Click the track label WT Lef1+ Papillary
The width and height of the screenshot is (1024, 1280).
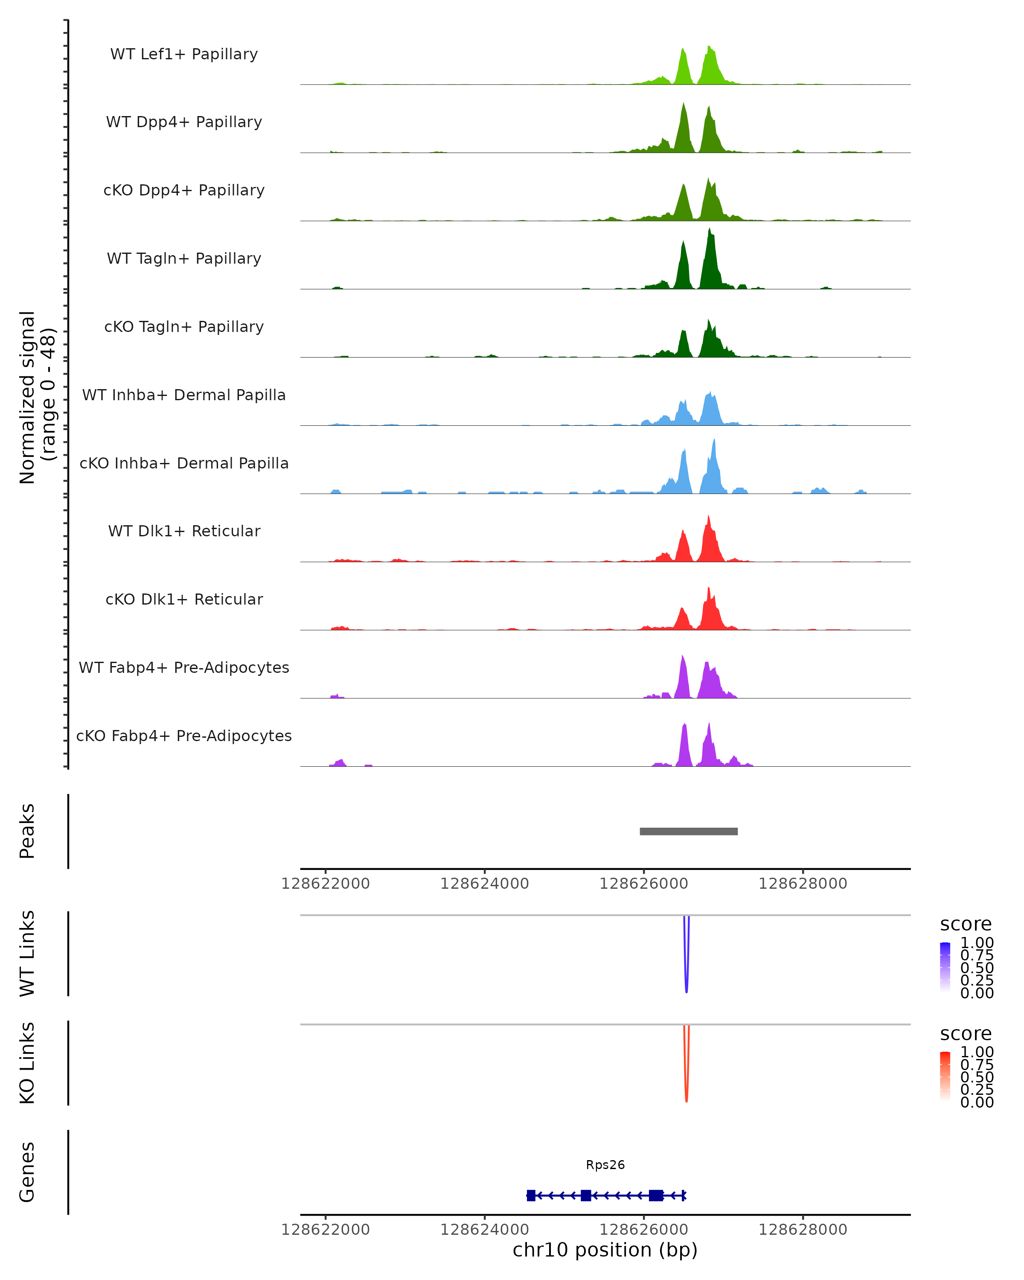(x=184, y=54)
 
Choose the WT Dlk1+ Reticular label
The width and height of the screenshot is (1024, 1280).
(x=184, y=531)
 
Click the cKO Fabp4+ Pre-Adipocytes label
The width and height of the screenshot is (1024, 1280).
(x=184, y=736)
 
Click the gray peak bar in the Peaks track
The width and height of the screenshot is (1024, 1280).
(x=689, y=831)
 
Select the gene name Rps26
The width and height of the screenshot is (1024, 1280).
(x=605, y=1165)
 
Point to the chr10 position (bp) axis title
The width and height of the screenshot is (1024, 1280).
(x=605, y=1250)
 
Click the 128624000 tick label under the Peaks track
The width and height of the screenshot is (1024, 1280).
(x=484, y=884)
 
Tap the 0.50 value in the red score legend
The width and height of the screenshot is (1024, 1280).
(x=977, y=1077)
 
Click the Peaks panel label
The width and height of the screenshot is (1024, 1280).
(x=27, y=831)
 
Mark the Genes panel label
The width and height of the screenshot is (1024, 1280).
(x=27, y=1172)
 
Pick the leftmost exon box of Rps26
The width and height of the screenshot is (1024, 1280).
(x=531, y=1195)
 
